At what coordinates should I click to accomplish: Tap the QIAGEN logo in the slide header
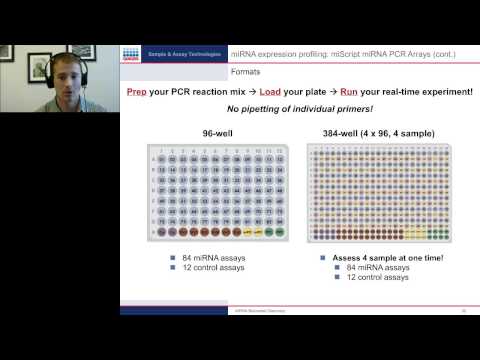[132, 54]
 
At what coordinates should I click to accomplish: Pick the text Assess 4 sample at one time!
[385, 257]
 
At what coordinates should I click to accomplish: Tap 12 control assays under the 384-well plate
[377, 277]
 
